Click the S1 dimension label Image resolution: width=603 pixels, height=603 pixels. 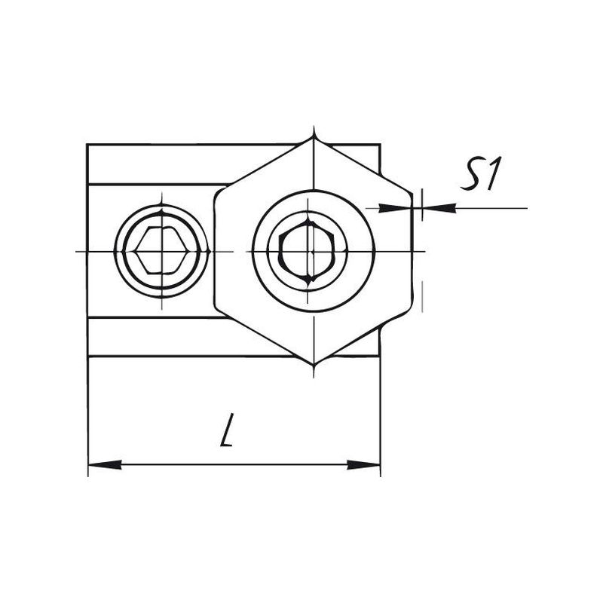(481, 174)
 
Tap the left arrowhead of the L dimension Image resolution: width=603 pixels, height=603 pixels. (105, 464)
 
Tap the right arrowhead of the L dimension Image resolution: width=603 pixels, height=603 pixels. (364, 464)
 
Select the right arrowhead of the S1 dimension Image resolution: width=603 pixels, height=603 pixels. (439, 208)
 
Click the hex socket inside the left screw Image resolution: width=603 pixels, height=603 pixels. (161, 251)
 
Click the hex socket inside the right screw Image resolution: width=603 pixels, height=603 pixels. (308, 252)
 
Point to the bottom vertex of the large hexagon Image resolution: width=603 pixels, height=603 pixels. (314, 363)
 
